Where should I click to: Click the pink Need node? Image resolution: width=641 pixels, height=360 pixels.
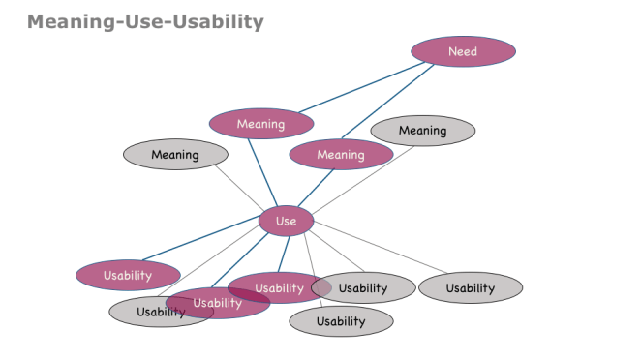[x=463, y=51]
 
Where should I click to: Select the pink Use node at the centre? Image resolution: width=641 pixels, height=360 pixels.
[x=286, y=222]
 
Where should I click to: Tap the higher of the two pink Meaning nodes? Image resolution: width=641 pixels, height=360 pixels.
[x=261, y=124]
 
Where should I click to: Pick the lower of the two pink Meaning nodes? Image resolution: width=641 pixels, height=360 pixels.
[x=341, y=155]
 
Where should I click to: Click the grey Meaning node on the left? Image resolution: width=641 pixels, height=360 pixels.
[x=175, y=155]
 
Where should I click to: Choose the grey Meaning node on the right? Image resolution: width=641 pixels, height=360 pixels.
[x=423, y=131]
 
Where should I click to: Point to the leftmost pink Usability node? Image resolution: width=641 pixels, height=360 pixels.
[x=128, y=275]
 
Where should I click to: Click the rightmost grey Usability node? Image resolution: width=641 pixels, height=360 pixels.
[x=471, y=287]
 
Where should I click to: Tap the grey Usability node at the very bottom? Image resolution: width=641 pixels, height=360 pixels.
[x=341, y=321]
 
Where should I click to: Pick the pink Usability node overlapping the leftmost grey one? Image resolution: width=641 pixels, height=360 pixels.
[x=215, y=304]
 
